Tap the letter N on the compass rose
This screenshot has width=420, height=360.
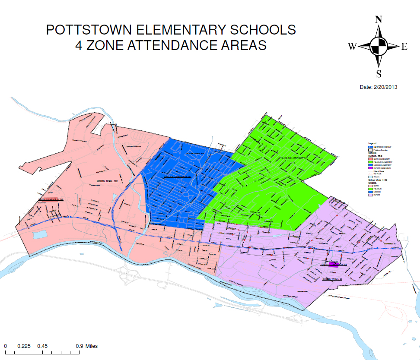[379, 19]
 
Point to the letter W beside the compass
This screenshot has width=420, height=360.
[352, 47]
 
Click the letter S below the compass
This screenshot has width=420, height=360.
[379, 73]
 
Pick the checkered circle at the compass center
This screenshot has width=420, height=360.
[379, 46]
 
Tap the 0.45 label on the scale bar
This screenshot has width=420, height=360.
[42, 346]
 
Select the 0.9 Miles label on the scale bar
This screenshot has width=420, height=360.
[86, 346]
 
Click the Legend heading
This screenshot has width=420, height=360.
[372, 143]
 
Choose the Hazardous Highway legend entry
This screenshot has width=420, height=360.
[382, 147]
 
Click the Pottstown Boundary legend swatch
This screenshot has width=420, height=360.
[370, 150]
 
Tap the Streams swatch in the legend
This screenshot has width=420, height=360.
[370, 177]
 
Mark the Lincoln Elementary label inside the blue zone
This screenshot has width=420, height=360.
[176, 177]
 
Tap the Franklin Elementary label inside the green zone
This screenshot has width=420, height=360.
[293, 158]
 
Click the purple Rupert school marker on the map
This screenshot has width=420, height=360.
[333, 265]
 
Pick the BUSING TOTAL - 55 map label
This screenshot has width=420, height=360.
[332, 280]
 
